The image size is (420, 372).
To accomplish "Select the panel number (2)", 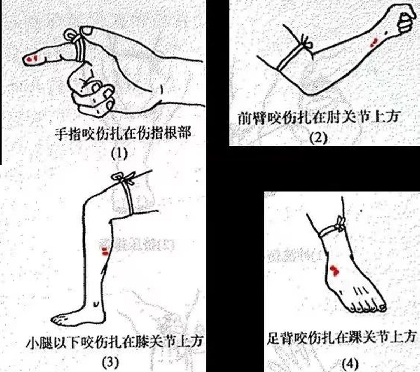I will pyautogui.click(x=318, y=138).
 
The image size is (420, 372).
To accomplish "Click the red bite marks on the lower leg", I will pyautogui.click(x=106, y=250).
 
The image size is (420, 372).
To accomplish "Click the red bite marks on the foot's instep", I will pyautogui.click(x=334, y=269).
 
